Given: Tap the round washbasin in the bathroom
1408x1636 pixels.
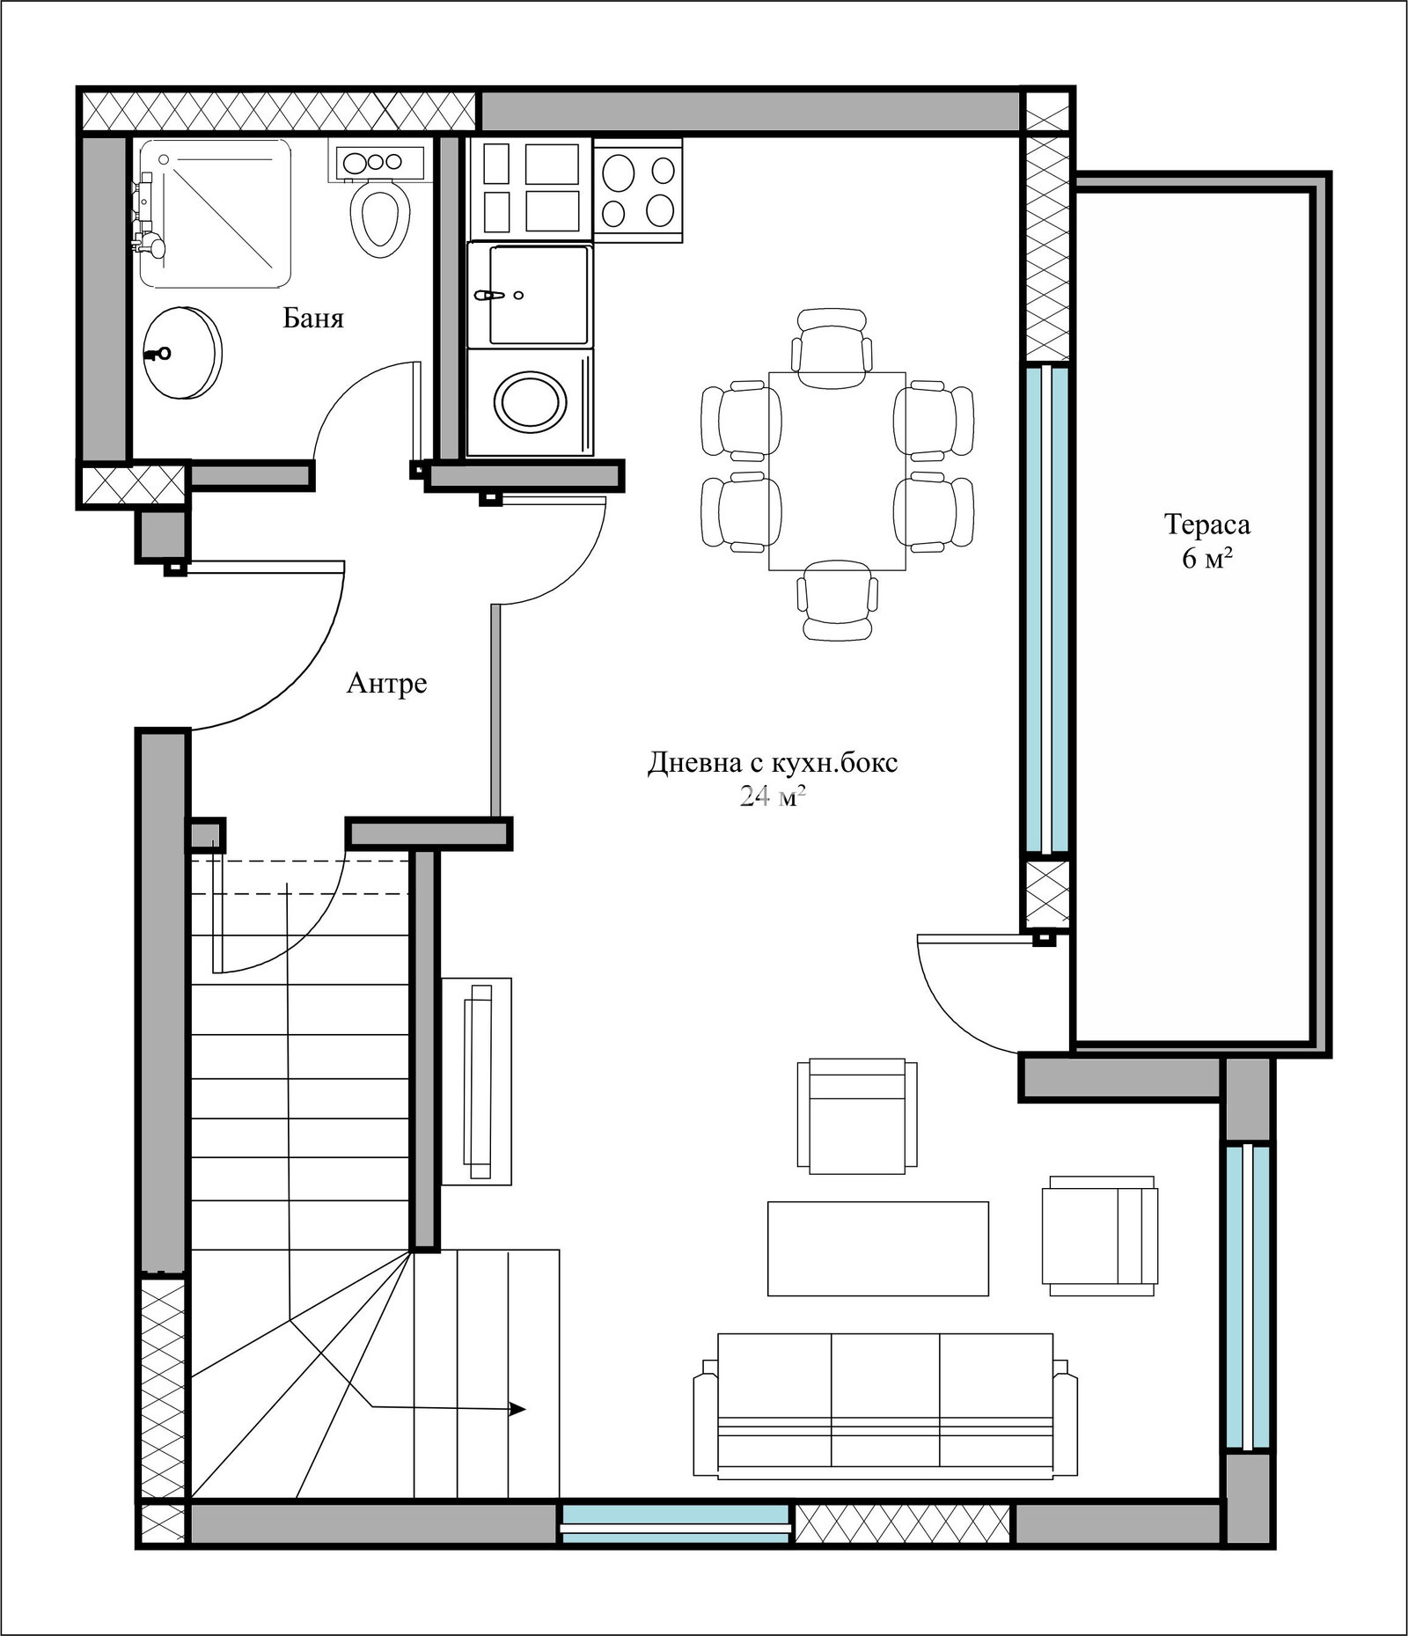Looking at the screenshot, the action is point(180,353).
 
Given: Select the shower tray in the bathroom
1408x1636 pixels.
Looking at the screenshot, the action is point(215,213).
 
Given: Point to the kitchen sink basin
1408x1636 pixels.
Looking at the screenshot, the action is point(539,295).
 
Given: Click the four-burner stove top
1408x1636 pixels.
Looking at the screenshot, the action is point(638,189).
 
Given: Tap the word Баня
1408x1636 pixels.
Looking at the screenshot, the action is point(313,318).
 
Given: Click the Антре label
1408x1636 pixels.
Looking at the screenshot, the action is point(387,683).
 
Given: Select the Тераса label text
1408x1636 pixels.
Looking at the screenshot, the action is point(1207,525).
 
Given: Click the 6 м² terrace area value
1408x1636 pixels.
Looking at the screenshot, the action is point(1207,558).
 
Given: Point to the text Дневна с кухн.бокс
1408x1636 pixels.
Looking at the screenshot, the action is point(773,762).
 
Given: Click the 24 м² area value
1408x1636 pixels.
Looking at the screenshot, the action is point(773,796).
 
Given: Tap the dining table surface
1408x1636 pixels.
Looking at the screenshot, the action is point(837,471).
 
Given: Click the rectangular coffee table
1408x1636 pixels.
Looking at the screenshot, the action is point(878,1249).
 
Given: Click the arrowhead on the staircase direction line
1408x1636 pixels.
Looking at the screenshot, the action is point(518,1409).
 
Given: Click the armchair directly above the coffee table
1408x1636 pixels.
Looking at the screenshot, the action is point(857,1116).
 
